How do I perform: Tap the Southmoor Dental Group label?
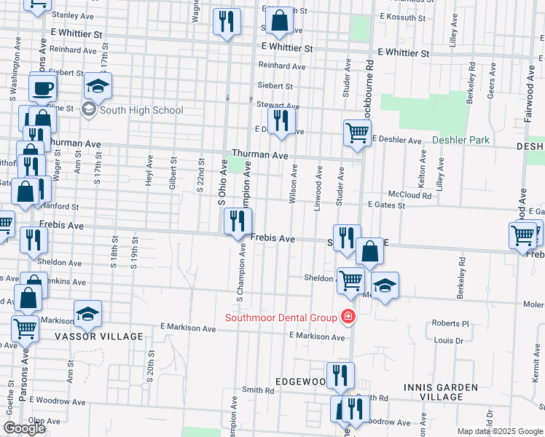pyautogui.click(x=281, y=317)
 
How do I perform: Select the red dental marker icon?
pyautogui.click(x=348, y=317)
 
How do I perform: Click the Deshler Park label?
pyautogui.click(x=460, y=140)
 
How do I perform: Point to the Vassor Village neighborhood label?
pyautogui.click(x=98, y=336)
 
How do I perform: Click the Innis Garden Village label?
pyautogui.click(x=441, y=392)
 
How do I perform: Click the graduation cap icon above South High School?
pyautogui.click(x=98, y=87)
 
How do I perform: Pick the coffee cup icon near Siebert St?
pyautogui.click(x=43, y=88)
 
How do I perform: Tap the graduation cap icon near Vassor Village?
pyautogui.click(x=87, y=313)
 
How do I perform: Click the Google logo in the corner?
pyautogui.click(x=24, y=428)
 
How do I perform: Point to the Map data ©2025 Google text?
pyautogui.click(x=500, y=431)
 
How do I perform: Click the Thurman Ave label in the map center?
pyautogui.click(x=260, y=155)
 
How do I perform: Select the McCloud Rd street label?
pyautogui.click(x=409, y=194)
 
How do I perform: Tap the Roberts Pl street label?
pyautogui.click(x=450, y=323)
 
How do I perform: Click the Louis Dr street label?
pyautogui.click(x=449, y=340)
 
